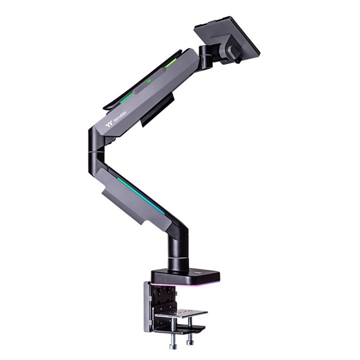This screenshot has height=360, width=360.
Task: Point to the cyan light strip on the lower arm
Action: pyautogui.click(x=142, y=195)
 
